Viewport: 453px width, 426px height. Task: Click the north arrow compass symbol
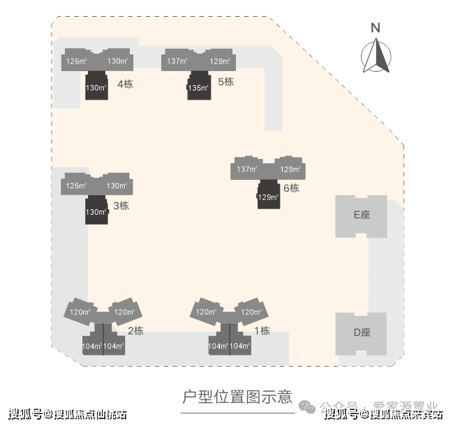click(x=376, y=55)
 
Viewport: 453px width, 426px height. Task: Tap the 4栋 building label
click(x=126, y=84)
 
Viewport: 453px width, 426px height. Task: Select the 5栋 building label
click(x=225, y=82)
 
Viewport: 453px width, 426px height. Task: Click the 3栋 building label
click(x=121, y=206)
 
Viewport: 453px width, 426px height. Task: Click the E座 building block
click(x=361, y=215)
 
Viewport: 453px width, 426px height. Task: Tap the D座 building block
click(x=361, y=333)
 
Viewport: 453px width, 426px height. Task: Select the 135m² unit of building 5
click(x=199, y=88)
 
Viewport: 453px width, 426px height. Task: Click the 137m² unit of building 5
click(x=177, y=61)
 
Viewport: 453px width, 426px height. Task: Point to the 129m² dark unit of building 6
click(x=268, y=197)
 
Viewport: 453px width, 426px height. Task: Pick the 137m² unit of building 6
click(x=247, y=169)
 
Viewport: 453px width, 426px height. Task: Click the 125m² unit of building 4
click(x=76, y=61)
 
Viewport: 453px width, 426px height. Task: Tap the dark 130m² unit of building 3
click(x=96, y=211)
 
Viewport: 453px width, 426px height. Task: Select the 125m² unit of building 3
click(x=76, y=186)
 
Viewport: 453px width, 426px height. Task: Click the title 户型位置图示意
click(x=237, y=397)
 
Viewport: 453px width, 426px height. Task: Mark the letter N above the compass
click(x=376, y=29)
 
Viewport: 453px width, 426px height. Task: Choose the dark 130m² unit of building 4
click(x=96, y=88)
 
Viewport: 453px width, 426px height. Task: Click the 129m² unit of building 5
click(x=220, y=61)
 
